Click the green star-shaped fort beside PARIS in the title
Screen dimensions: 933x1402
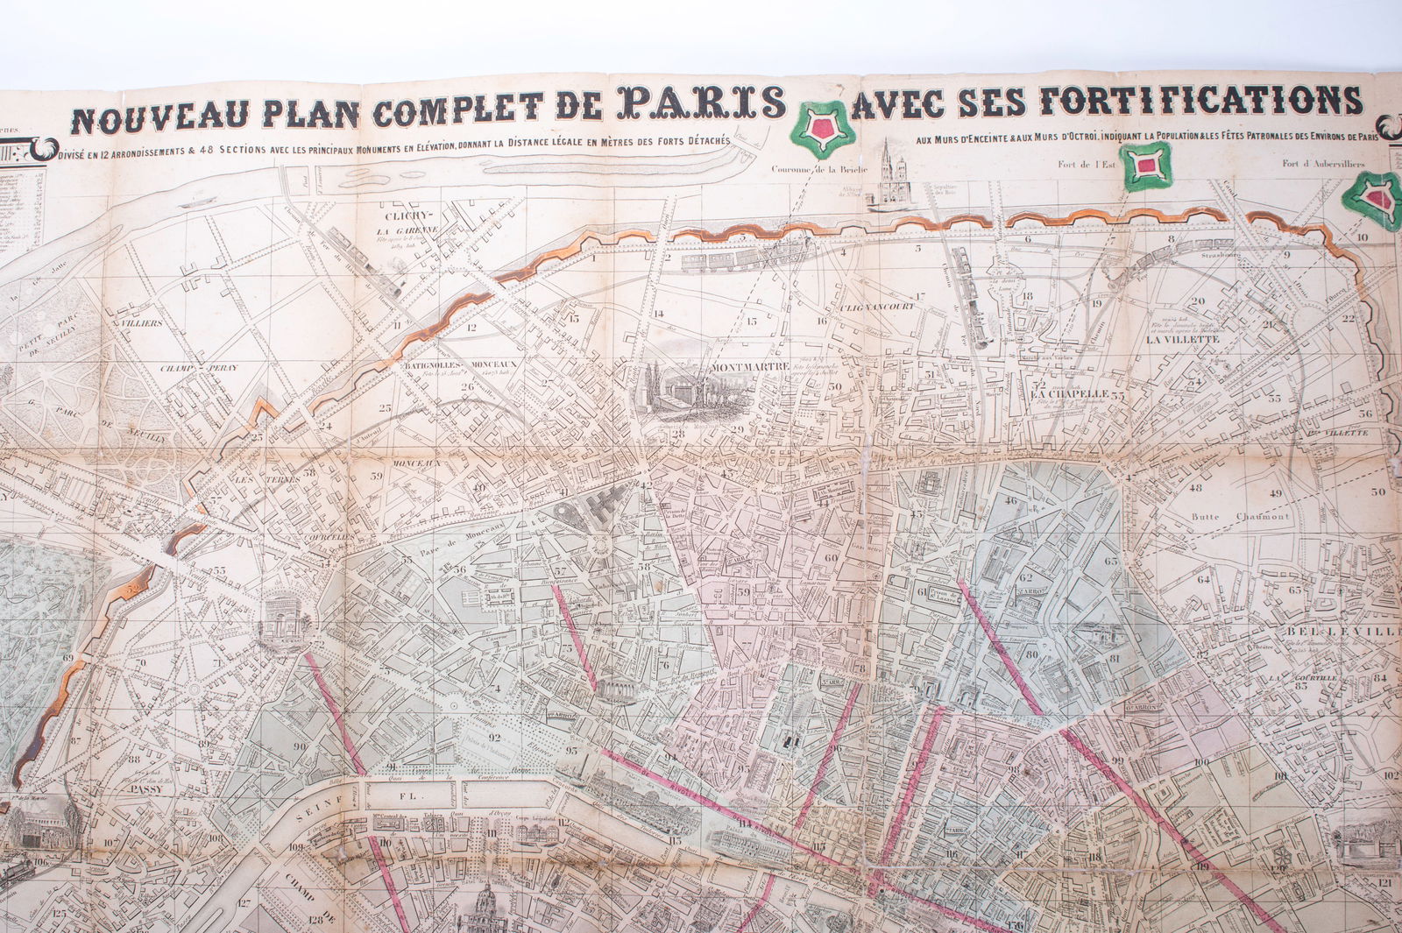point(822,129)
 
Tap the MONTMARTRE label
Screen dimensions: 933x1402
point(751,366)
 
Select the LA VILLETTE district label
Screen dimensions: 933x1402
point(1182,339)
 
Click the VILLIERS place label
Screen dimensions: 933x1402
point(142,323)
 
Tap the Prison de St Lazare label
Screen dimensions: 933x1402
point(944,595)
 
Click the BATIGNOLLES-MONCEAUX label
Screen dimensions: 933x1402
point(459,364)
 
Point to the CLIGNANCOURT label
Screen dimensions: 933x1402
point(876,306)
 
